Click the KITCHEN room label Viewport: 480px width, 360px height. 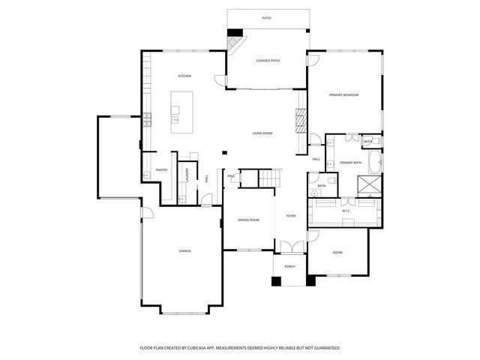pyautogui.click(x=184, y=76)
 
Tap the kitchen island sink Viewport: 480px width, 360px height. pyautogui.click(x=176, y=118)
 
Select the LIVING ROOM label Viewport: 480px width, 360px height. pyautogui.click(x=262, y=133)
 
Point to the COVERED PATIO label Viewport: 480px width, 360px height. pyautogui.click(x=268, y=60)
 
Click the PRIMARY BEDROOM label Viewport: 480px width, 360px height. pyautogui.click(x=344, y=95)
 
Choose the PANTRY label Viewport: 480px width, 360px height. pyautogui.click(x=160, y=170)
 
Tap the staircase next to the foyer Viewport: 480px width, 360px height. pyautogui.click(x=268, y=179)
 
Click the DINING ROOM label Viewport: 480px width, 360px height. pyautogui.click(x=248, y=220)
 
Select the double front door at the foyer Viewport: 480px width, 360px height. pyautogui.click(x=289, y=247)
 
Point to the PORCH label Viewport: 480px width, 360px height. pyautogui.click(x=289, y=266)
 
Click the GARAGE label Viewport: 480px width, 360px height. pyautogui.click(x=184, y=250)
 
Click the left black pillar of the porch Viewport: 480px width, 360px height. pyautogui.click(x=275, y=281)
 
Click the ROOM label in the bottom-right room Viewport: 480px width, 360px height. pyautogui.click(x=337, y=253)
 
